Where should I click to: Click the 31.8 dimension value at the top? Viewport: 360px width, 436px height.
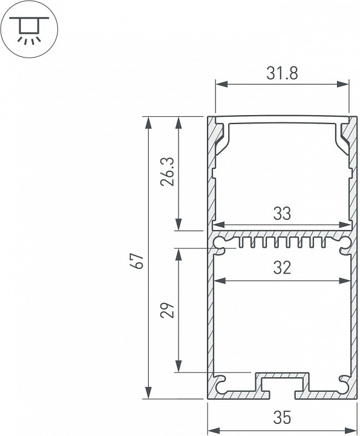click(282, 73)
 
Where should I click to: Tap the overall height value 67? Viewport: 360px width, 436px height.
click(139, 261)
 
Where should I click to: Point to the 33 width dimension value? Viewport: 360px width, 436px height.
click(282, 213)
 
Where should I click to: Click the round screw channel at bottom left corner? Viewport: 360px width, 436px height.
click(221, 382)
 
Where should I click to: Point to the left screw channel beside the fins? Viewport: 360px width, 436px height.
click(221, 243)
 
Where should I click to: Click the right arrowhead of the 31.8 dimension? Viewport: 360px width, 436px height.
click(345, 84)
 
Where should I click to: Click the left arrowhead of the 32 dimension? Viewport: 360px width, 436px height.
click(218, 280)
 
